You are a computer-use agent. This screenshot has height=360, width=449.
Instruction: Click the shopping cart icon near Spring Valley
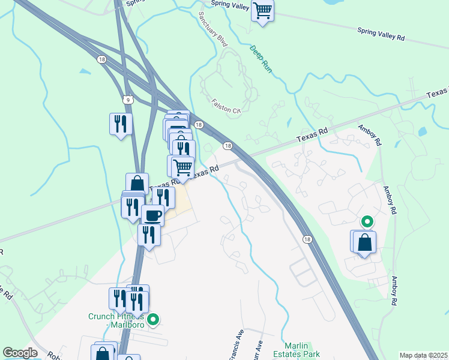(263, 10)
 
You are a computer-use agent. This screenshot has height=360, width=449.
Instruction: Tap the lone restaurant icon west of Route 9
(121, 124)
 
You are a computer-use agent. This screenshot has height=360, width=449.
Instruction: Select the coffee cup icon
(152, 215)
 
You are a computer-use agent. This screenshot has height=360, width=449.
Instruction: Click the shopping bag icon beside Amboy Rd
(365, 242)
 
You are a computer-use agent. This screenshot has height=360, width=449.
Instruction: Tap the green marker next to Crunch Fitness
(154, 320)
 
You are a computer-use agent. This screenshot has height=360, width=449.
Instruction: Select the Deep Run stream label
(262, 59)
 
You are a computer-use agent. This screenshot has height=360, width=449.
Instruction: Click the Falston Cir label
(226, 106)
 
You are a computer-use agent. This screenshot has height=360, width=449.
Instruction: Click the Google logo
(20, 353)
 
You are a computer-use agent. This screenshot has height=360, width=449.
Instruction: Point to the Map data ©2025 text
(423, 355)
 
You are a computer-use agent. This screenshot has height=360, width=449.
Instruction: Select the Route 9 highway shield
(126, 98)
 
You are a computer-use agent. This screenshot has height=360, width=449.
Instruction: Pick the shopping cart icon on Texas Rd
(182, 166)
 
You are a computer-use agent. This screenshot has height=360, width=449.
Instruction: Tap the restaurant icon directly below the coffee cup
(149, 235)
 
